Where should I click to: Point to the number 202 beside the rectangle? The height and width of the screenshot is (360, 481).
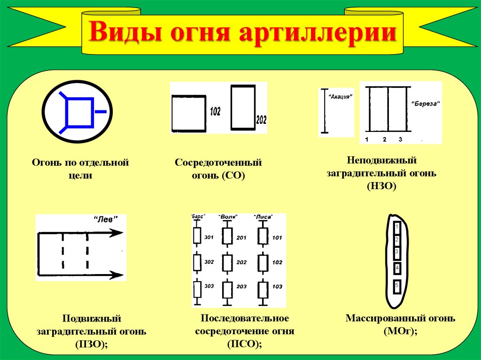tap(261, 119)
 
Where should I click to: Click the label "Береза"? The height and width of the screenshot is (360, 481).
tap(426, 104)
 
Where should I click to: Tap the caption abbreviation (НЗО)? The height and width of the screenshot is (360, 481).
tap(381, 186)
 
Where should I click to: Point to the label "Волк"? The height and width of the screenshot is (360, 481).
tap(228, 217)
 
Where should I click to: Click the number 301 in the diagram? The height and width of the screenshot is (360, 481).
tap(209, 237)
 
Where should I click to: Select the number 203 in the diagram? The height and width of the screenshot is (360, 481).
tap(241, 286)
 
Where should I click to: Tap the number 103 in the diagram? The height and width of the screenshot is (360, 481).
tap(277, 286)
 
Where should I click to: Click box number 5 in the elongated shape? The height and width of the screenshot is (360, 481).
tap(397, 285)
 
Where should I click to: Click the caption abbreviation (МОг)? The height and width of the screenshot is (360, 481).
tap(400, 332)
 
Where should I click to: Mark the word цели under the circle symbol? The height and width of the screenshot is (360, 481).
tap(80, 176)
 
